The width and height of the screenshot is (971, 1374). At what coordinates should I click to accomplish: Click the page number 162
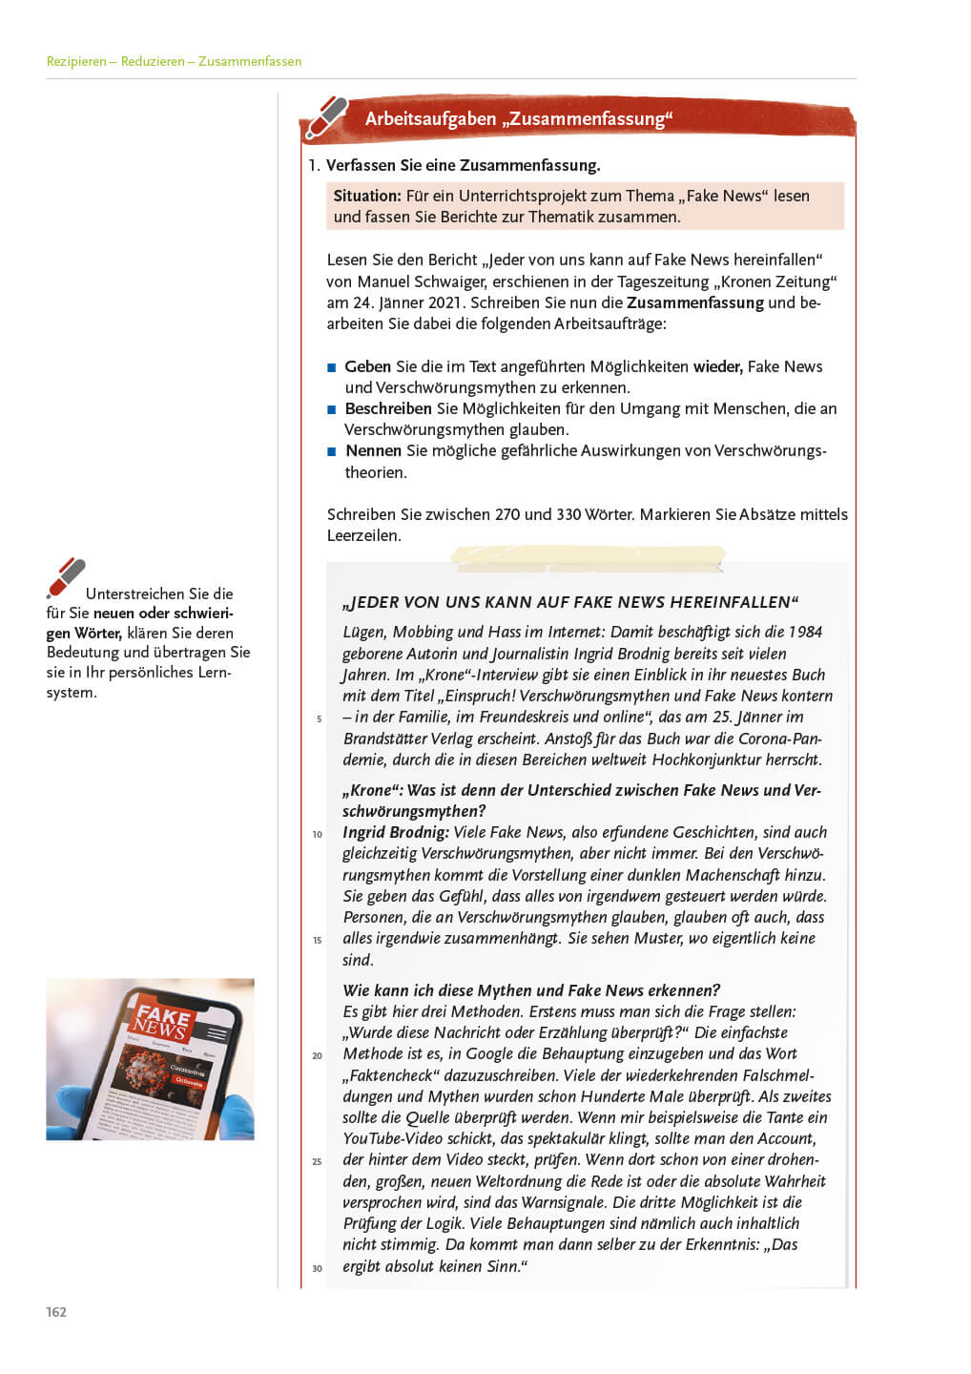click(56, 1312)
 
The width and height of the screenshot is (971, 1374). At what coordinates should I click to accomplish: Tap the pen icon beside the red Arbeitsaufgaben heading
click(326, 117)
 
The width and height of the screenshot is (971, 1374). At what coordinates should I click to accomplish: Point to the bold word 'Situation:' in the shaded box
click(367, 196)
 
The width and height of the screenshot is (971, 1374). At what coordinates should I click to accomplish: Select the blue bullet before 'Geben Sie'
click(332, 367)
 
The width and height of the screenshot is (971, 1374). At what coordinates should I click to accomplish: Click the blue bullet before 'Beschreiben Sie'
click(332, 409)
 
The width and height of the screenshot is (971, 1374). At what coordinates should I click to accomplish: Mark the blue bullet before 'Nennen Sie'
click(332, 451)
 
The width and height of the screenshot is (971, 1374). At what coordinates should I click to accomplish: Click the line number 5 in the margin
click(319, 718)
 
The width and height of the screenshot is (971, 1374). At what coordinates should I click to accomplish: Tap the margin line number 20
click(317, 1055)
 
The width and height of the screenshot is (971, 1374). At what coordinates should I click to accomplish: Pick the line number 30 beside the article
click(317, 1268)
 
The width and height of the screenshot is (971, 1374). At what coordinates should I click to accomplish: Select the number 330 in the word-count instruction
click(568, 514)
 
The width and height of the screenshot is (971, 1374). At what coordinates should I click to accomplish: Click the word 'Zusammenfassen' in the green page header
click(250, 61)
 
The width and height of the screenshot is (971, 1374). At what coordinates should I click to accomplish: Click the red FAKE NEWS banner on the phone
click(162, 1019)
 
